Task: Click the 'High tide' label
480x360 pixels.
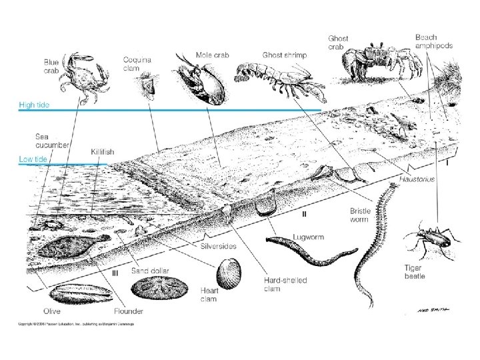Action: tap(34, 105)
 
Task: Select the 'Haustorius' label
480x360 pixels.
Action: tap(417, 179)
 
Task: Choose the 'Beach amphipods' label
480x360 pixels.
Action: tap(433, 42)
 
